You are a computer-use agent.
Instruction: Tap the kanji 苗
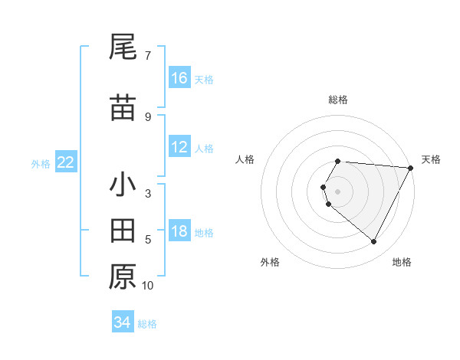point(123,108)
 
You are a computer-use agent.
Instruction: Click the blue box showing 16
point(179,78)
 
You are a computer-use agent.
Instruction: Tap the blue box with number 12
point(179,147)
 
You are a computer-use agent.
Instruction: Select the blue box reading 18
point(179,232)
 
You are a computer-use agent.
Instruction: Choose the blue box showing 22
point(66,162)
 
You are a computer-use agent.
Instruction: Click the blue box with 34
point(123,322)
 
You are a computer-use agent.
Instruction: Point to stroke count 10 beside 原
point(148,286)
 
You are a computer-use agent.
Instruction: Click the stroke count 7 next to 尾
point(148,56)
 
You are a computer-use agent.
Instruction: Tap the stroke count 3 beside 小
point(148,194)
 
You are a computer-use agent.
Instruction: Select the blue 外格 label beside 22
point(41,163)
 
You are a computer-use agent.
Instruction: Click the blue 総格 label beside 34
point(147,324)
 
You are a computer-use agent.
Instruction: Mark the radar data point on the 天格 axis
point(411,168)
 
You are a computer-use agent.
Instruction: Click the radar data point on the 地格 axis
point(374,242)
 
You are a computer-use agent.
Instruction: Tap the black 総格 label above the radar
point(338,100)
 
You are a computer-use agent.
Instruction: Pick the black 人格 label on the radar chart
point(245,159)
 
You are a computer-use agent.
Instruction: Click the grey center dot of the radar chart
point(338,191)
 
